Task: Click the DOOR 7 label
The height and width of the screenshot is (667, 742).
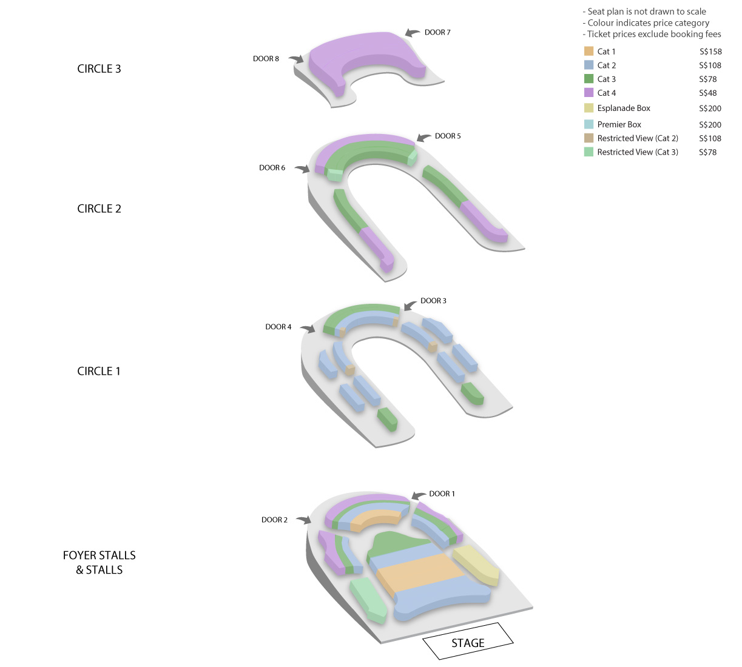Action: tap(437, 33)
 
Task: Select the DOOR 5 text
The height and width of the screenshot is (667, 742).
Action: tap(448, 136)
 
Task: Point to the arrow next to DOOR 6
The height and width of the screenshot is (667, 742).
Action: tap(302, 168)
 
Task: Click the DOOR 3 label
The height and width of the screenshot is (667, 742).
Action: tap(433, 301)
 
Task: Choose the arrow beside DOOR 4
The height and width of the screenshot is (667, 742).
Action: tap(308, 328)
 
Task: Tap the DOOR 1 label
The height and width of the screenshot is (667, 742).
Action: tap(442, 494)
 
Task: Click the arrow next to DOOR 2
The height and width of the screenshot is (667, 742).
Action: tap(304, 520)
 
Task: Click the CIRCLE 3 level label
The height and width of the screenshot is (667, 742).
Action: tap(99, 69)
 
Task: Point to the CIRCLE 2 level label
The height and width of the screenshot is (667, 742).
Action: tap(99, 209)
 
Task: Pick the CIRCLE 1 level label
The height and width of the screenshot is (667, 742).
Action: tap(98, 371)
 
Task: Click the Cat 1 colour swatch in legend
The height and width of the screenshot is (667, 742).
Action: tap(589, 51)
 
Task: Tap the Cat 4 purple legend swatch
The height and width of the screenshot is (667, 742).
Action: tap(589, 92)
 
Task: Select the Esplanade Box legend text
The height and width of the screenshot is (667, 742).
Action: tap(624, 109)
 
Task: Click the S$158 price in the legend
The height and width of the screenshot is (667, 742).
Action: tap(710, 52)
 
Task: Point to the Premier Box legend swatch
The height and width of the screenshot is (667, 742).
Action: tap(589, 124)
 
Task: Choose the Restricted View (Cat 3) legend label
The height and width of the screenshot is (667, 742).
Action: tap(638, 152)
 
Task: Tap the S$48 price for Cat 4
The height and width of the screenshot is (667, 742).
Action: tap(707, 93)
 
